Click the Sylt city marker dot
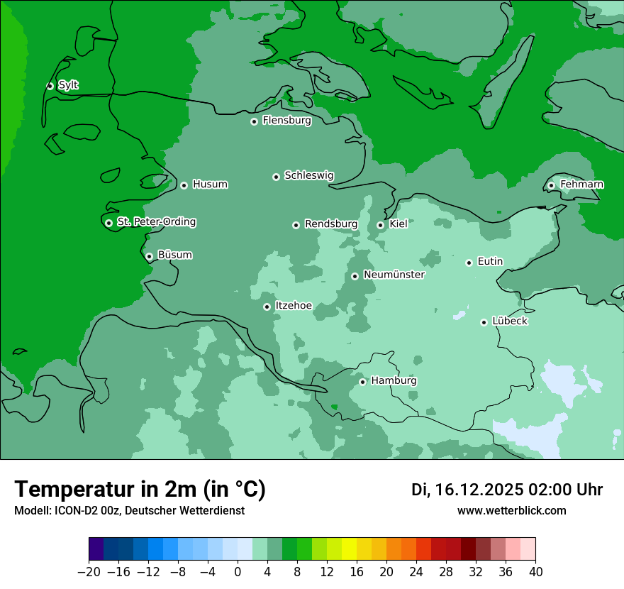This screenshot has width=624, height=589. click(50, 86)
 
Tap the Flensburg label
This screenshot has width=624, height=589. click(286, 121)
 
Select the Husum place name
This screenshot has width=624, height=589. click(210, 185)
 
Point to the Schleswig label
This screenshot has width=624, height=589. click(308, 175)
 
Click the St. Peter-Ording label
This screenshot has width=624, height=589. click(156, 222)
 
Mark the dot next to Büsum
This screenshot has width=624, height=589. click(149, 256)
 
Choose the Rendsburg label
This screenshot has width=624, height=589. click(330, 224)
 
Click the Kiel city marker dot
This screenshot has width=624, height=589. click(381, 225)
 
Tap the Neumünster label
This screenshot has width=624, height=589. click(394, 275)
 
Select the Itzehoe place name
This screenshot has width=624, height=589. click(293, 306)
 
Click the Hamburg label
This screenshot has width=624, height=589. click(394, 380)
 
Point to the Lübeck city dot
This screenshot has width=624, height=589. click(484, 322)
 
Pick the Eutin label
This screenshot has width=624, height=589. click(490, 262)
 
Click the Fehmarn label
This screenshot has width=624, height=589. click(581, 185)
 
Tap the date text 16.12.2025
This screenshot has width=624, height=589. click(479, 490)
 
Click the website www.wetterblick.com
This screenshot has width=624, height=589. click(511, 511)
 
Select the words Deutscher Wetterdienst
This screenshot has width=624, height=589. click(184, 511)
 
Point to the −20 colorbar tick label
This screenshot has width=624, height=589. click(89, 572)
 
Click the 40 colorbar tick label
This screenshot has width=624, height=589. click(535, 572)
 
